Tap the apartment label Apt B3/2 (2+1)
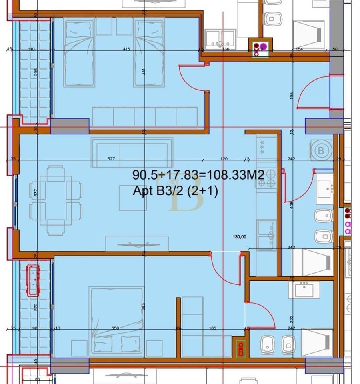(x=175, y=192)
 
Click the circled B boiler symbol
(x=320, y=150)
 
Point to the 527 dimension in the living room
(x=111, y=159)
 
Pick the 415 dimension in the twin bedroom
(x=127, y=49)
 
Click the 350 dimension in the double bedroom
(x=115, y=328)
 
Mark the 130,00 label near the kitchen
(x=240, y=236)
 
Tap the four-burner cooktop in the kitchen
(x=266, y=178)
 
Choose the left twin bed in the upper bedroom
(x=80, y=54)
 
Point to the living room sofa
(x=132, y=152)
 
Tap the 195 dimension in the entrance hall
(x=292, y=96)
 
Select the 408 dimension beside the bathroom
(x=292, y=205)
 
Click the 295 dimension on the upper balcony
(x=36, y=72)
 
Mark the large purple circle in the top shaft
(x=263, y=46)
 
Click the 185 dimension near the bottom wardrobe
(x=212, y=328)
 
